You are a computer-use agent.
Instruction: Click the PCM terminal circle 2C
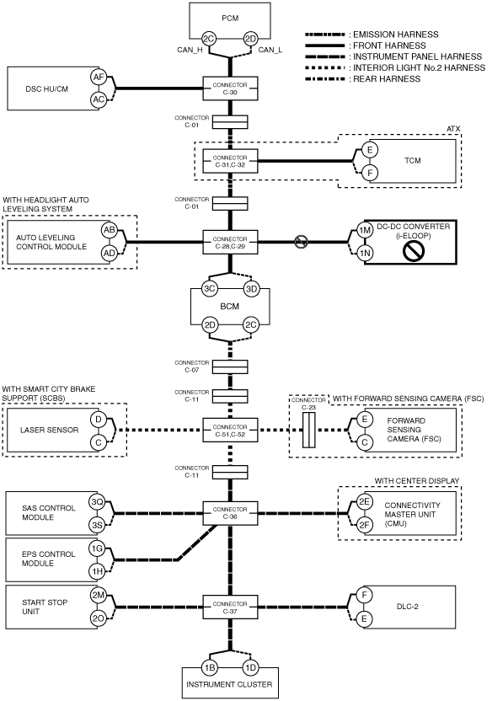(209, 40)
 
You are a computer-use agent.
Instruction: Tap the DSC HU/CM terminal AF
(99, 78)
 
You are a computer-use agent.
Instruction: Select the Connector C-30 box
(230, 88)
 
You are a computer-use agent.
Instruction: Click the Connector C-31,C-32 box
(230, 162)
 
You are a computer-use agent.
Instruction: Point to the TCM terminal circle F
(370, 173)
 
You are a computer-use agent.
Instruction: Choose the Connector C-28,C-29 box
(230, 243)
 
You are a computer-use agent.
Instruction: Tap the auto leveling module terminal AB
(109, 231)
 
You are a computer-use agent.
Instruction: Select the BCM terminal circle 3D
(251, 289)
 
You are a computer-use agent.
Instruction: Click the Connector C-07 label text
(192, 367)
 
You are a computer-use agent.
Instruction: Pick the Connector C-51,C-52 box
(230, 430)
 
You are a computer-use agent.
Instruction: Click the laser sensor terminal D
(99, 420)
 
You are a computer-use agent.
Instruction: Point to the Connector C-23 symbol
(309, 430)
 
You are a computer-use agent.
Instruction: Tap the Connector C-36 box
(230, 513)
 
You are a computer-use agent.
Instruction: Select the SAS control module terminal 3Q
(97, 502)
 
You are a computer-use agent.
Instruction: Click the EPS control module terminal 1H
(97, 571)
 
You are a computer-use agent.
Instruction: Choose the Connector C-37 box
(230, 607)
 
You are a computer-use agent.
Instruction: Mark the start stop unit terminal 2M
(98, 596)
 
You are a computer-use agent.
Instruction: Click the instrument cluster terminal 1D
(250, 668)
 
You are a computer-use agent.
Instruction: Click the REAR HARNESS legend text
(387, 79)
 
